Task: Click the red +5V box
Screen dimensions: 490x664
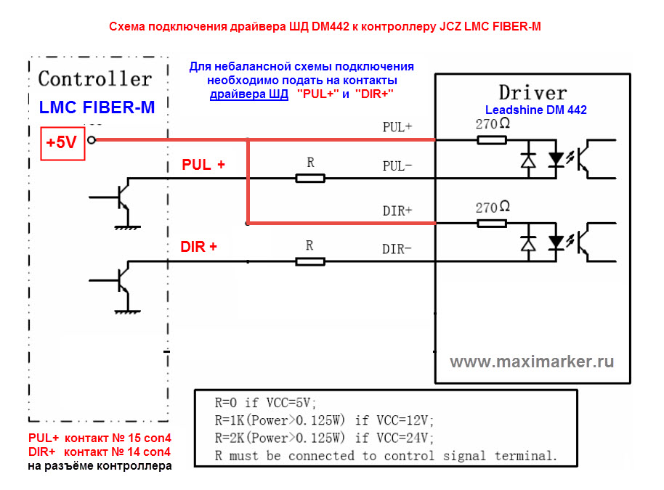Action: (61, 142)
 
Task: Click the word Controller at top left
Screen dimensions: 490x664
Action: (95, 78)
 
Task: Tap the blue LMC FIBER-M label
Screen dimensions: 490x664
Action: (97, 107)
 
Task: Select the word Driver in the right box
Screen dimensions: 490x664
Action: (532, 92)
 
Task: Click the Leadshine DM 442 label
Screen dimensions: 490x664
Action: (536, 110)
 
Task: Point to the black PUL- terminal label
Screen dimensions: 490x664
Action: (397, 166)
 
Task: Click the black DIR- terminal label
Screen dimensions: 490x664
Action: (397, 249)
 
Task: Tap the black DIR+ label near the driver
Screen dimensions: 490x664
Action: (397, 211)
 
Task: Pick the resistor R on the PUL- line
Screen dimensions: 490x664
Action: (310, 178)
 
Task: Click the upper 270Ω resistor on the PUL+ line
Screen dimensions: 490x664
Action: (491, 139)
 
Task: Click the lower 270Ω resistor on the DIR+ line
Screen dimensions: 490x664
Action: (491, 223)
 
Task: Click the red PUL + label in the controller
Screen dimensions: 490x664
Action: (203, 165)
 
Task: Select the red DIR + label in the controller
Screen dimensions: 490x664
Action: (198, 247)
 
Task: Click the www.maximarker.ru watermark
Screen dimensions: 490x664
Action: (532, 362)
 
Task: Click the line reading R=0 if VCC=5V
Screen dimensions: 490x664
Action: (266, 404)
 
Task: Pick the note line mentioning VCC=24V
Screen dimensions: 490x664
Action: (324, 438)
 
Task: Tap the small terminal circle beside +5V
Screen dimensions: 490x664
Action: (91, 140)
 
